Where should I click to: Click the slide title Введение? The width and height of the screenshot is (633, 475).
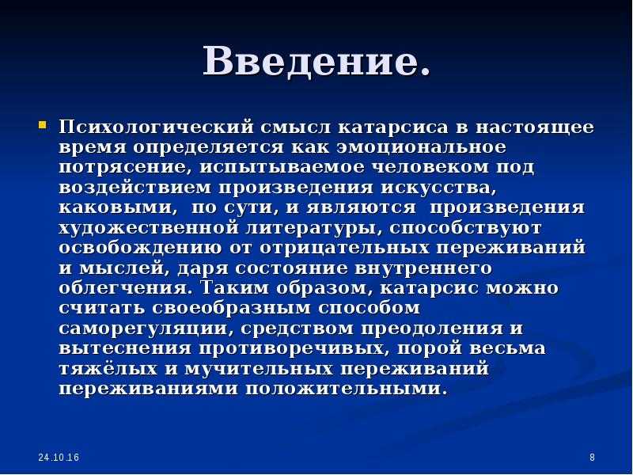(316, 62)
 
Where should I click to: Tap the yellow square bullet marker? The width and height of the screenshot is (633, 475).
(43, 124)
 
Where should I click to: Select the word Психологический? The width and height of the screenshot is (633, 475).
(156, 127)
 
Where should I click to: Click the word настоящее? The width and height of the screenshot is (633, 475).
(535, 127)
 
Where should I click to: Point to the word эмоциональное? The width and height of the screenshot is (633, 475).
(423, 146)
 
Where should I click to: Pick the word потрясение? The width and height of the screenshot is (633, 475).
(125, 167)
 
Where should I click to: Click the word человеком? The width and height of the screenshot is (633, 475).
(430, 167)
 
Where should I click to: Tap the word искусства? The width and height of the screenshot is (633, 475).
(438, 188)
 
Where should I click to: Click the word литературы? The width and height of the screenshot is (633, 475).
(313, 228)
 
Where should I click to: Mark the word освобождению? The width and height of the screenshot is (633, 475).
(140, 248)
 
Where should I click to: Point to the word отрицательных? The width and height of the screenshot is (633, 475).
(344, 248)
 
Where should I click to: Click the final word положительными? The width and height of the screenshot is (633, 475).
(347, 389)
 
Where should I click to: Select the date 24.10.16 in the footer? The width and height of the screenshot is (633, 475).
(59, 458)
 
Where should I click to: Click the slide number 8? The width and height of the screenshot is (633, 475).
(592, 458)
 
